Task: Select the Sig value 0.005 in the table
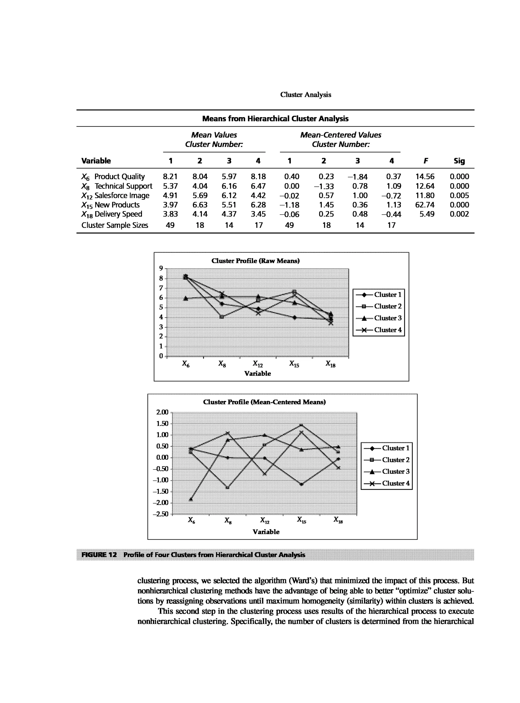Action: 459,195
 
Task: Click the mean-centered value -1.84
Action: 357,177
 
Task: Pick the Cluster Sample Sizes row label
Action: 115,225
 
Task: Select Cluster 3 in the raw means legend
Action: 387,318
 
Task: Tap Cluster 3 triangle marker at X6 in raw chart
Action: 186,298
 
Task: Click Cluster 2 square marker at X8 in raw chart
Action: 222,317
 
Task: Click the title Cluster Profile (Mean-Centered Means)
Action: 264,402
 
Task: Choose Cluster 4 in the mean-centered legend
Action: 396,483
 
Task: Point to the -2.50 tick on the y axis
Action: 160,514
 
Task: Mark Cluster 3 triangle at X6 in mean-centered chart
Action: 191,499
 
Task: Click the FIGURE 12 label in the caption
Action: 99,555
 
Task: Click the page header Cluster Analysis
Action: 305,95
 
